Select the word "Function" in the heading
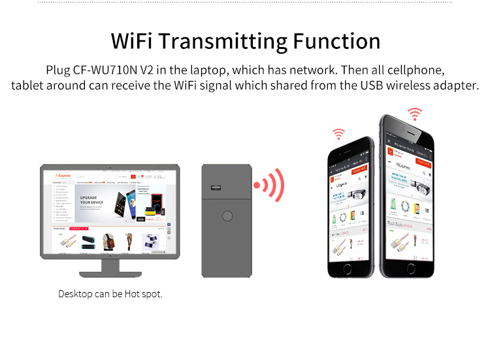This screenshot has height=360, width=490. click(336, 41)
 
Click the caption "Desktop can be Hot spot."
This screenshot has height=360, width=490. click(110, 294)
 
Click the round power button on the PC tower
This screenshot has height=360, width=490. click(227, 216)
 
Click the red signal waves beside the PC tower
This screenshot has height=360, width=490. click(270, 186)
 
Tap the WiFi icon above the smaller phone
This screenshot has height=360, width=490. click(338, 134)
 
